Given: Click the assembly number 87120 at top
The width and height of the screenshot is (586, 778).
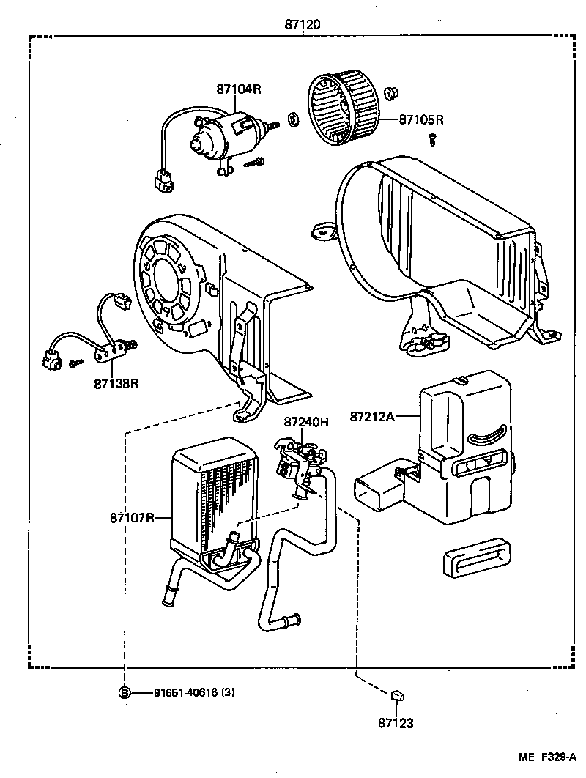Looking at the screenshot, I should tap(303, 24).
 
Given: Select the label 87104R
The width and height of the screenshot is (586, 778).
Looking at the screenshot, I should tap(238, 89).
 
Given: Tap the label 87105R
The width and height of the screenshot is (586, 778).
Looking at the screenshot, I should tap(422, 119).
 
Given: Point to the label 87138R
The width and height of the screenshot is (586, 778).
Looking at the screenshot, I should tap(115, 382).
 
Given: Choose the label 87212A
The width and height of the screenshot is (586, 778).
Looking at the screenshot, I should tap(372, 417).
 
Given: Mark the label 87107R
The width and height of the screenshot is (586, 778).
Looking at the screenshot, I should tap(133, 518).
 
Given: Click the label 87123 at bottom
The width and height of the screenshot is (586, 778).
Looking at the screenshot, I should tap(396, 724).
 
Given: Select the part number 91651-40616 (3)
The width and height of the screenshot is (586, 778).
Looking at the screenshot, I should tap(195, 692).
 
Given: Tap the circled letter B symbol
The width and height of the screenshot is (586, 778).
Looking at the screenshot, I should tap(125, 692).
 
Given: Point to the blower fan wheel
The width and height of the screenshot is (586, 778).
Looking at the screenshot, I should tap(345, 109).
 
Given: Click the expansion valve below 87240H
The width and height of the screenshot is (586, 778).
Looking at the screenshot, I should tap(297, 469).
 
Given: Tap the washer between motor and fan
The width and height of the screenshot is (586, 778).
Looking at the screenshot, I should tap(293, 119).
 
